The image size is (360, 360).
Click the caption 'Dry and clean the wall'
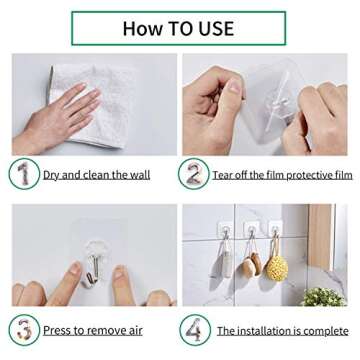96,175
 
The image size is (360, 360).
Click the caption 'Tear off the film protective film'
282,175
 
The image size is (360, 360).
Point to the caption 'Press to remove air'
91,329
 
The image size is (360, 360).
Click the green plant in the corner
325,298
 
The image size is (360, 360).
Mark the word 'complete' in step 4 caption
322,329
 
